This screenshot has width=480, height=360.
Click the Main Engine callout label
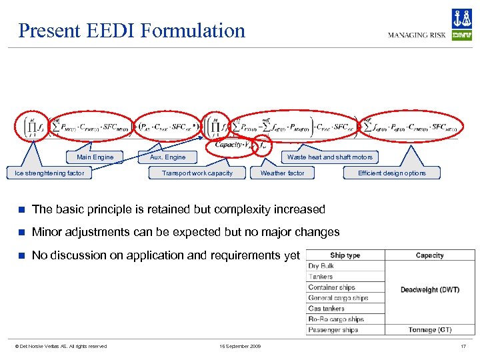point(95,157)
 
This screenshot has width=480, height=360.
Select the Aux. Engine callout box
point(168,157)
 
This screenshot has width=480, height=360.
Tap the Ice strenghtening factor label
point(50,173)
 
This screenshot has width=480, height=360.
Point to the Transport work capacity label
point(197,173)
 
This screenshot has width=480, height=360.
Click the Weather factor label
point(282,173)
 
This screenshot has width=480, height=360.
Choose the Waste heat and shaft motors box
point(329,157)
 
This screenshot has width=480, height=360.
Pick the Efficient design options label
point(391,173)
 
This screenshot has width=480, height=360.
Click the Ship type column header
point(345,255)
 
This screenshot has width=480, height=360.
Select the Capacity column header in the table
point(429,255)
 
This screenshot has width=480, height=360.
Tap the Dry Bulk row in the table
point(321,266)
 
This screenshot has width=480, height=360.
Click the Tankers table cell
point(321,277)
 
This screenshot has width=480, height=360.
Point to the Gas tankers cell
point(327,309)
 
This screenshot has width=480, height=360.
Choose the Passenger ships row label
point(333,330)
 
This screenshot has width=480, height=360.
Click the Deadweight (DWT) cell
point(429,290)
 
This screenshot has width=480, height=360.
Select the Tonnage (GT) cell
point(429,330)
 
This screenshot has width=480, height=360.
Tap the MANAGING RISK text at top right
point(417,35)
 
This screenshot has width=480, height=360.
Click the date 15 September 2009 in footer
point(240,346)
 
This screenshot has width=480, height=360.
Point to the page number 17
point(463,346)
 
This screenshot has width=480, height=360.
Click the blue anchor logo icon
point(461,18)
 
